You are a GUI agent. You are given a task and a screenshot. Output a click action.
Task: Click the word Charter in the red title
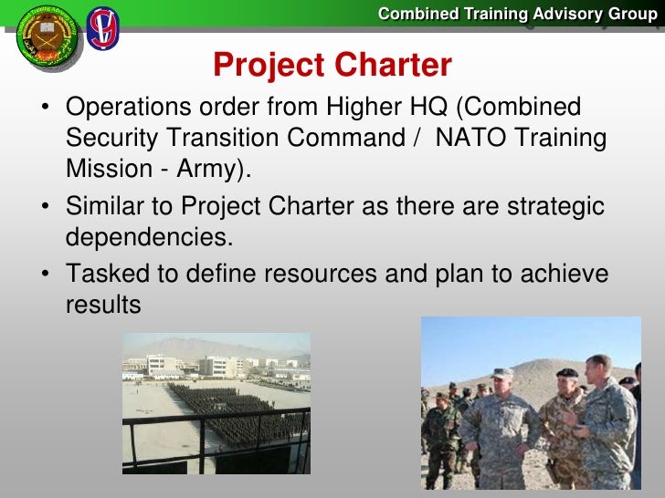[x=393, y=65]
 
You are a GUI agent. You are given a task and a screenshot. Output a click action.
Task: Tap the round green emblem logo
[x=47, y=37]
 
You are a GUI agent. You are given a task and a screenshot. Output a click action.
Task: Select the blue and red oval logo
[x=102, y=29]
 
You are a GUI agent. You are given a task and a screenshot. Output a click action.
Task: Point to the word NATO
[x=470, y=137]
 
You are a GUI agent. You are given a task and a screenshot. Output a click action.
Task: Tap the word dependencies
[x=149, y=237]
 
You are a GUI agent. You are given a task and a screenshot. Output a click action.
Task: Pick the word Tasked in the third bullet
[x=108, y=273]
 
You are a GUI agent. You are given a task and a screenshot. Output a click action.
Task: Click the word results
[x=103, y=305]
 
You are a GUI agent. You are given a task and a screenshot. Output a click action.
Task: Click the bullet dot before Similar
[x=45, y=206]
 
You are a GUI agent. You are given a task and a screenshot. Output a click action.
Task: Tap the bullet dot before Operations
[x=45, y=106]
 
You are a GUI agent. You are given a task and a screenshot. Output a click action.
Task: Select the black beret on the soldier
[x=567, y=373]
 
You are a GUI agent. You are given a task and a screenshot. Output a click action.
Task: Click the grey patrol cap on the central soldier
[x=502, y=374]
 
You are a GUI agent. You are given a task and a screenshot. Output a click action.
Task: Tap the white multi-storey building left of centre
[x=161, y=364]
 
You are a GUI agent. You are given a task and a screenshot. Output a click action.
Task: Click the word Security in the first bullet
[x=111, y=138]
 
